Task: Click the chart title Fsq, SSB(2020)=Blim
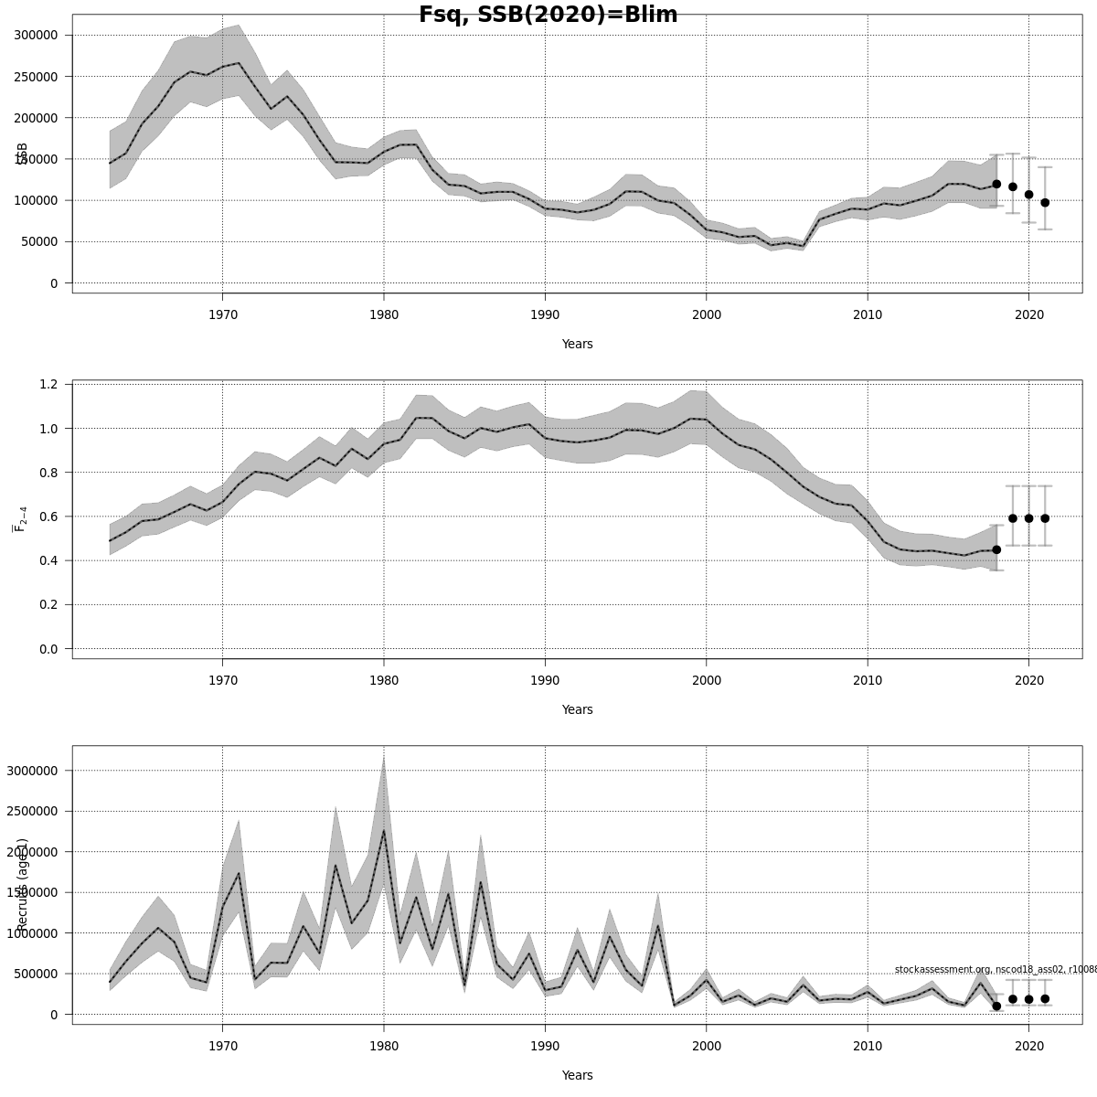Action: click(x=548, y=15)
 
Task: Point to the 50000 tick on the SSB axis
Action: click(x=41, y=242)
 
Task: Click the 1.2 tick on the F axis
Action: click(x=48, y=384)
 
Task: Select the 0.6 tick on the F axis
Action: click(x=48, y=517)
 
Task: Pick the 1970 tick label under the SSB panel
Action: click(x=222, y=315)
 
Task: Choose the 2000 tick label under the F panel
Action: click(x=707, y=681)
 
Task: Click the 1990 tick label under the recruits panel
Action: click(x=545, y=1047)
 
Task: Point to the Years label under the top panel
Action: click(x=577, y=345)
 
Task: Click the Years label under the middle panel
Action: click(x=577, y=710)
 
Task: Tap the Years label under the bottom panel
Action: click(x=577, y=1076)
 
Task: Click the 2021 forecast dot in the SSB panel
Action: click(x=1045, y=203)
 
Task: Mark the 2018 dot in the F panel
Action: click(x=996, y=549)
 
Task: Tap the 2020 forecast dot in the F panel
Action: click(x=1028, y=518)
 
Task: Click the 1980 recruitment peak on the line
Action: click(x=384, y=830)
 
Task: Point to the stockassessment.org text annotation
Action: click(x=995, y=970)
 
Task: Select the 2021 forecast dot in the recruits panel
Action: click(x=1045, y=999)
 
